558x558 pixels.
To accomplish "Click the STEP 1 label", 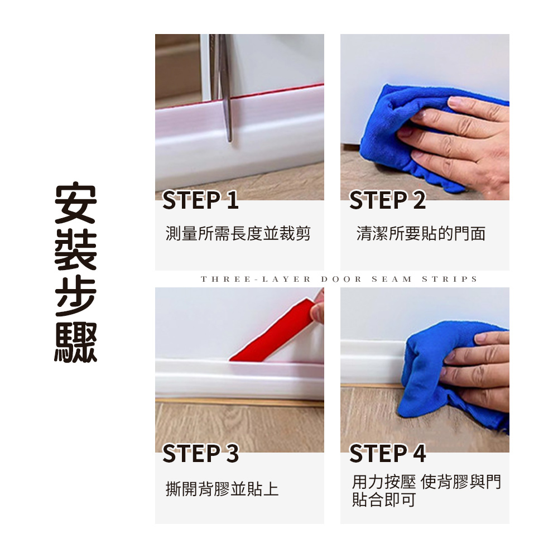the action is coord(200,200).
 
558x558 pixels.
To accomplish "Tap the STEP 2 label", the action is coord(387,200).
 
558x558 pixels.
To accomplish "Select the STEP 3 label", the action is coord(200,453).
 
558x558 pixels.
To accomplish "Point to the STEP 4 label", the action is coord(388,453).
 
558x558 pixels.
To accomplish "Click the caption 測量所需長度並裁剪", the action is coord(238,234).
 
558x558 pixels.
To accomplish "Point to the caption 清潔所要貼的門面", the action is coord(421,234).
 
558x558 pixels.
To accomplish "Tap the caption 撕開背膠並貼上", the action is coord(222,489).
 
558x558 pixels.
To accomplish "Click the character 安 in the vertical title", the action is coord(76,203).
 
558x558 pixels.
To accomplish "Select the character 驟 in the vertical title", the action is coord(76,343).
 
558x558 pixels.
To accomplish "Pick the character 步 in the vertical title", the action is coord(76,296).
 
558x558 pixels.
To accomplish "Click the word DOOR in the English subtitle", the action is coord(341,279).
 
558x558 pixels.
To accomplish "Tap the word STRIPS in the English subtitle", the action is coord(449,279).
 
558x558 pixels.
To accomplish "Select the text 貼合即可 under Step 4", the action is coord(384,499).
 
